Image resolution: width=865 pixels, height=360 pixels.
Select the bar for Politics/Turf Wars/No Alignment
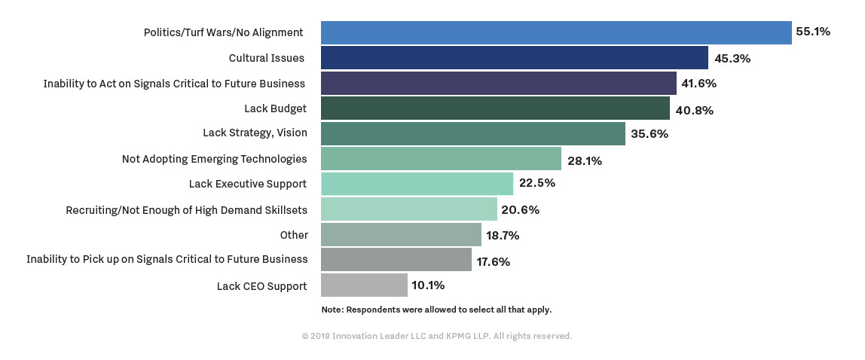[x=556, y=32]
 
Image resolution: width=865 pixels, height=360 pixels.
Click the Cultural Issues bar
[x=514, y=58]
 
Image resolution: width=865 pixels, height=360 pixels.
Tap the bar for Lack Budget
[x=495, y=108]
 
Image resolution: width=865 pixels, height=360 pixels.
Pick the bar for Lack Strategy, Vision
[x=472, y=134]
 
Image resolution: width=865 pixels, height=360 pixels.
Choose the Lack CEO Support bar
[x=364, y=285]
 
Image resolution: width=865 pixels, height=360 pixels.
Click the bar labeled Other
[x=401, y=235]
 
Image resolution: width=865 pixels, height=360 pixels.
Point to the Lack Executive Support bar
[x=417, y=185]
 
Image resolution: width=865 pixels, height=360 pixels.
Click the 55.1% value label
[x=813, y=32]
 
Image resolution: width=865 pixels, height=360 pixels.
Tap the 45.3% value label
[x=732, y=58]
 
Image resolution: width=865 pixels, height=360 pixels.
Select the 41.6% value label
[x=698, y=84]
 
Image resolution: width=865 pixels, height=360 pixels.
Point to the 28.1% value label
[x=585, y=160]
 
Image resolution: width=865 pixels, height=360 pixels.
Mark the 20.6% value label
[x=521, y=210]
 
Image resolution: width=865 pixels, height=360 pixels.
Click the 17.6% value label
[x=493, y=261]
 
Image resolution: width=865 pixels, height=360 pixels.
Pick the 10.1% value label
[x=428, y=285]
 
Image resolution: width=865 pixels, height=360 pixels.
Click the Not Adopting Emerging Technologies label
[x=214, y=159]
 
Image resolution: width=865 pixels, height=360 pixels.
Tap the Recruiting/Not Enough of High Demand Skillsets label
[x=186, y=210]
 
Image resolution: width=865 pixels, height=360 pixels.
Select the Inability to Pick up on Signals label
[x=167, y=259]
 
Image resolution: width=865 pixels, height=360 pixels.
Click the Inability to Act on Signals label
[x=174, y=84]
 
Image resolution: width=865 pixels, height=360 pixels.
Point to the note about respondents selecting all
[x=436, y=310]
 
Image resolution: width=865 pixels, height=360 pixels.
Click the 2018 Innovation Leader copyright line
[x=437, y=336]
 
